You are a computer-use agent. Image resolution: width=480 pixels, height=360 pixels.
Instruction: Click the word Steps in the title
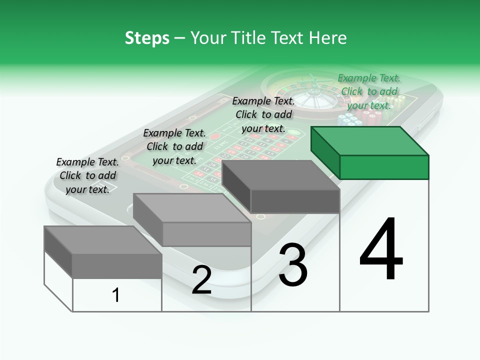(x=147, y=38)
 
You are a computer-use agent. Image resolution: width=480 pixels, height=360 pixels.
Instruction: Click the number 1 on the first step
(x=116, y=295)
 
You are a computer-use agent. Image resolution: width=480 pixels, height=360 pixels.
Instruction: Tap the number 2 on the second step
(x=201, y=280)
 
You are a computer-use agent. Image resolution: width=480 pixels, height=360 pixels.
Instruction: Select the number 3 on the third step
(x=293, y=265)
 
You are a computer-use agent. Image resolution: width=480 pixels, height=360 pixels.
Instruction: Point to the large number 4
(x=381, y=250)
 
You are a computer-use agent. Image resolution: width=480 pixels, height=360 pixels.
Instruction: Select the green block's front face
(x=384, y=167)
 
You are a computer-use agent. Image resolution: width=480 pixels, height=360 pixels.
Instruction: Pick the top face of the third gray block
(x=280, y=175)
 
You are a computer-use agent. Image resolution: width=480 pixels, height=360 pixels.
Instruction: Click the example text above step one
(x=87, y=175)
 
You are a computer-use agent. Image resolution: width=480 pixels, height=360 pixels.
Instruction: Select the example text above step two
(x=174, y=146)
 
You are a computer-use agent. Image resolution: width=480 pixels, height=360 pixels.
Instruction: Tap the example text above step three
(x=263, y=114)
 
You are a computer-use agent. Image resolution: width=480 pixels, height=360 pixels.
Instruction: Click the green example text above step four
(x=369, y=91)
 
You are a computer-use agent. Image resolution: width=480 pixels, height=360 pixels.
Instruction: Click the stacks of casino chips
(x=360, y=119)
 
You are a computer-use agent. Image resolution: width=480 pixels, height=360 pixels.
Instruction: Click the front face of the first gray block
(x=117, y=266)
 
